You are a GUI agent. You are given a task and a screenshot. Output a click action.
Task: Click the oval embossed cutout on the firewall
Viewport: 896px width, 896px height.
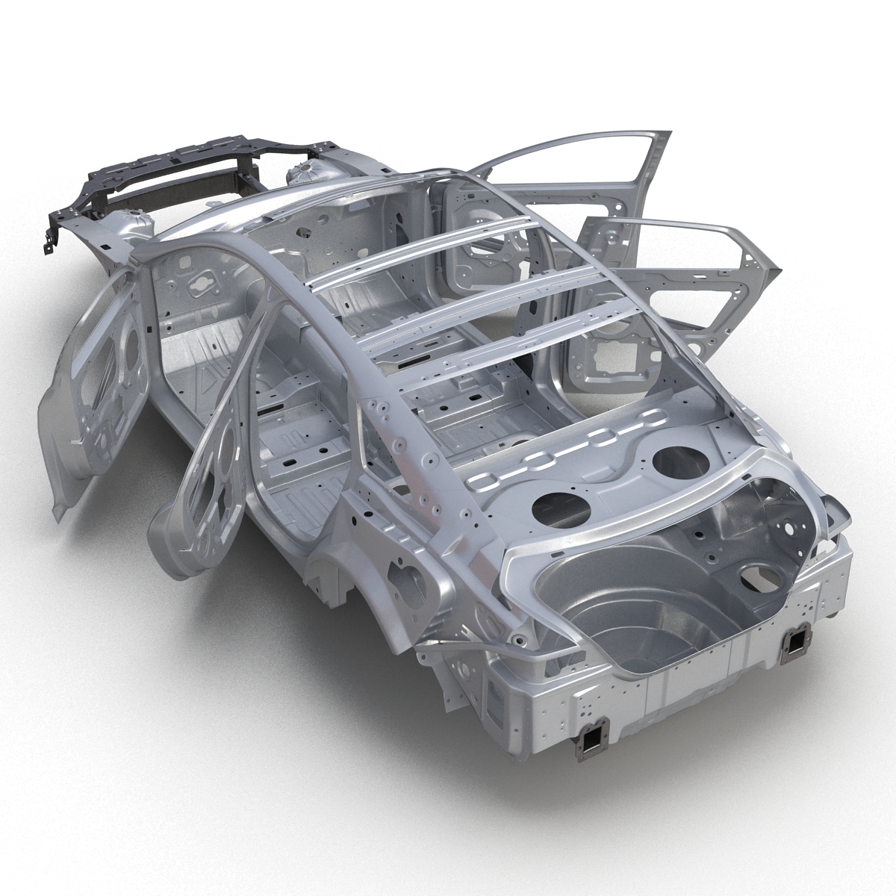[200, 283]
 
